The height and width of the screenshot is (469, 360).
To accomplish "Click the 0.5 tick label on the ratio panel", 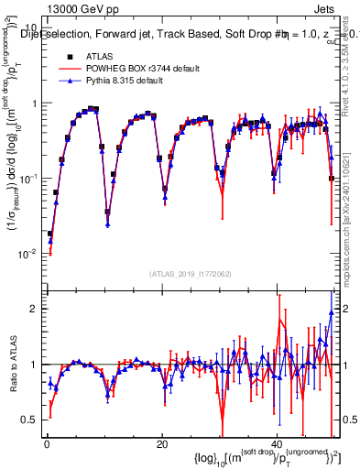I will coord(30,420).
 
